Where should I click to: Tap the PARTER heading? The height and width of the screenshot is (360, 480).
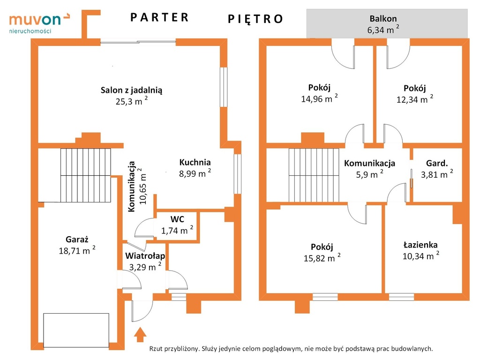[x=159, y=17]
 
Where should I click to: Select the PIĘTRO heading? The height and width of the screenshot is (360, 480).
[x=255, y=19]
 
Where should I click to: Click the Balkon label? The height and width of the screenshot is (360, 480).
[x=383, y=18]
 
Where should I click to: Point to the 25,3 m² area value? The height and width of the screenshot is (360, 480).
[x=132, y=101]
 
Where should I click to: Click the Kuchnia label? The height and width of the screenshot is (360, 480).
[x=195, y=162]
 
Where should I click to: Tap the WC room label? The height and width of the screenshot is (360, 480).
[x=177, y=219]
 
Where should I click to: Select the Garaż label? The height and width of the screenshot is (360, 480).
[x=77, y=239]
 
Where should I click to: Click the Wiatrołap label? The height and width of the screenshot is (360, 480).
[x=145, y=255]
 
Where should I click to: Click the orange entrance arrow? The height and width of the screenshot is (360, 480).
[x=140, y=334]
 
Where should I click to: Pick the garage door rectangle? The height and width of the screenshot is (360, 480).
[x=76, y=330]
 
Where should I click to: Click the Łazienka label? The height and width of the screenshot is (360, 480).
[x=420, y=245]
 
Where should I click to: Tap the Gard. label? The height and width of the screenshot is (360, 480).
[x=437, y=163]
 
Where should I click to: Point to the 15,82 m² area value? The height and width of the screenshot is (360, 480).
[x=322, y=258]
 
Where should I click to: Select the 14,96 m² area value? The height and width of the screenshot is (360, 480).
[x=319, y=98]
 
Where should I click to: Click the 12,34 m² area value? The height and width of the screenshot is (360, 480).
[x=415, y=99]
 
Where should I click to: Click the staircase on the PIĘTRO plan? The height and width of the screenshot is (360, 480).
[x=314, y=175]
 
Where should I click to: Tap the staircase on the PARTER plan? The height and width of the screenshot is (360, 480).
[x=85, y=175]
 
